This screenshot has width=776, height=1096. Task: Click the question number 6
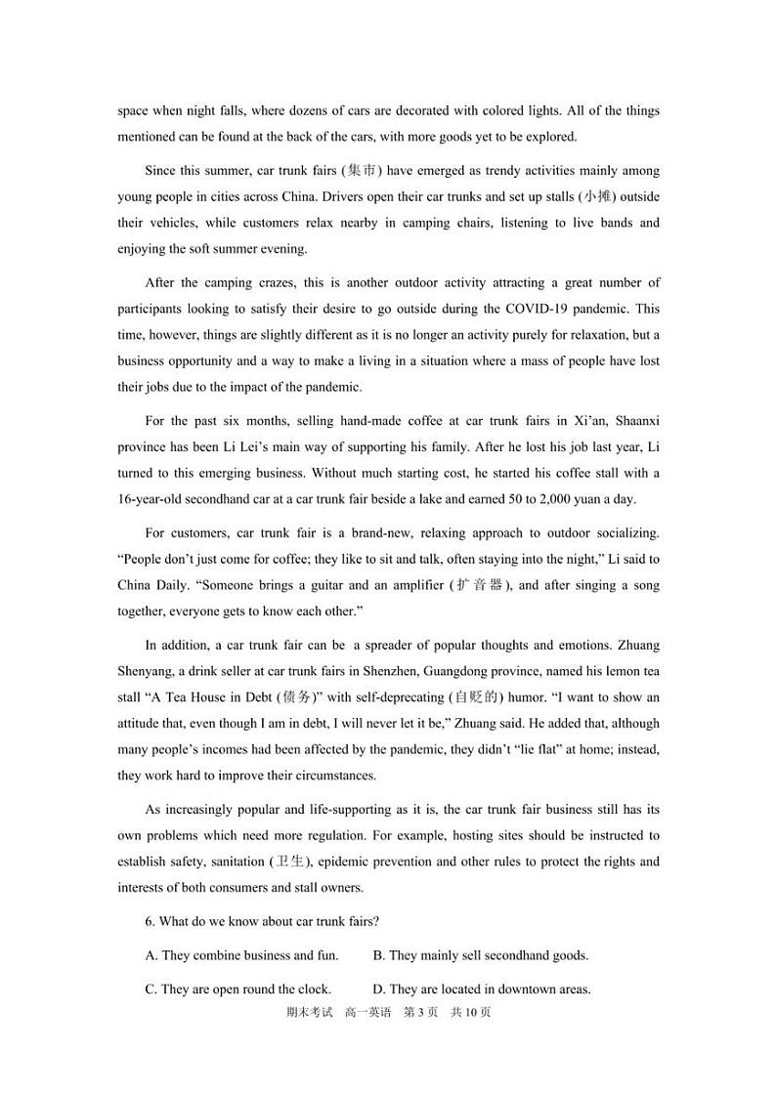point(150,921)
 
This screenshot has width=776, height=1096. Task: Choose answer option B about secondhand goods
point(481,955)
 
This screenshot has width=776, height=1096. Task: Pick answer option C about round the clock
point(237,989)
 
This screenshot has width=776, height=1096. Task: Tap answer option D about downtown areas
point(482,989)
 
